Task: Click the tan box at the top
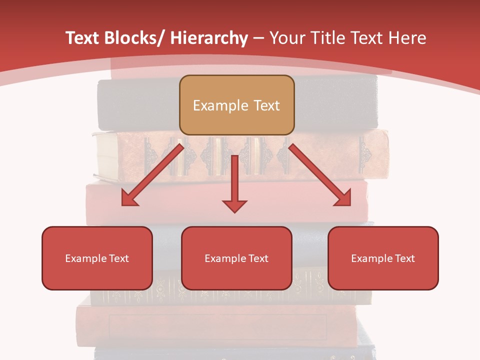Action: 236,105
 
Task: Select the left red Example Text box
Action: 97,258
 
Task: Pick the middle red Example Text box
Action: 236,258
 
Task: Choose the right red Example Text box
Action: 383,258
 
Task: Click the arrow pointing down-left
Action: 152,175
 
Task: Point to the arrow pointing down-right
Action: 320,175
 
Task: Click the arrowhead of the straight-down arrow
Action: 235,205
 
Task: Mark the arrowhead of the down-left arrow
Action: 128,199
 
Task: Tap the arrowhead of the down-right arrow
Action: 344,199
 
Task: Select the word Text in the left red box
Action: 119,258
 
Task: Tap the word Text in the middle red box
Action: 258,258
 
